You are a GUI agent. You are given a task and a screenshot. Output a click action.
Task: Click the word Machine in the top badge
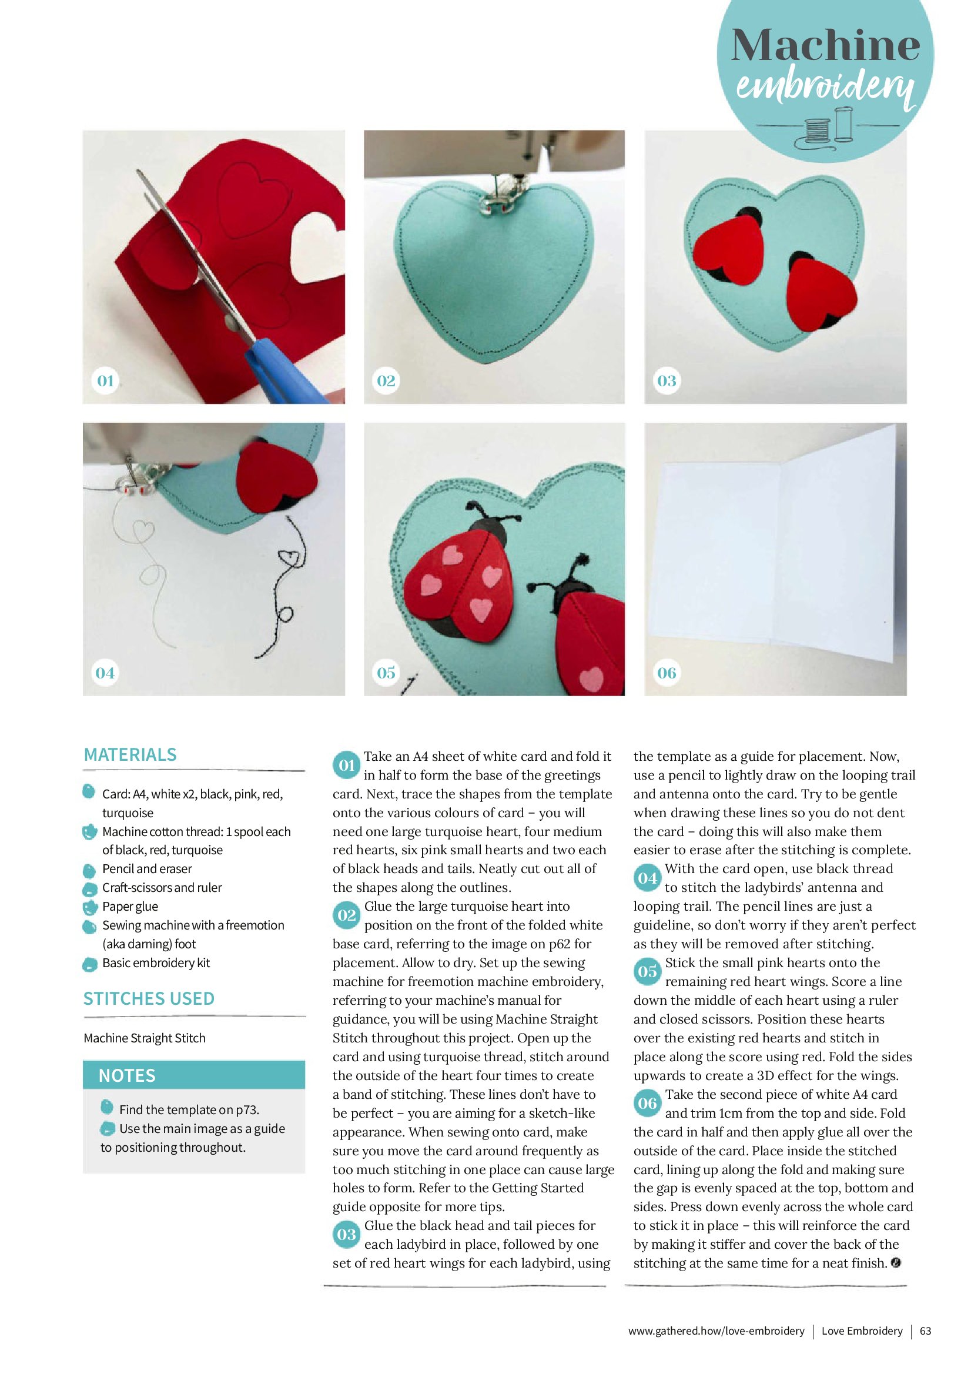click(825, 45)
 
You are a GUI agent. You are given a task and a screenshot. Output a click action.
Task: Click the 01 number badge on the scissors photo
click(105, 380)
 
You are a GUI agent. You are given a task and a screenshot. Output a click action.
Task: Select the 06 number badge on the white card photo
click(667, 673)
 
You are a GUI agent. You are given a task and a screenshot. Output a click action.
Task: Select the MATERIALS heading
click(130, 755)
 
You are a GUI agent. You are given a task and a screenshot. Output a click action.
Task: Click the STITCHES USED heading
click(149, 999)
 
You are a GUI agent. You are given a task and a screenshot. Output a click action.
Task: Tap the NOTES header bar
click(194, 1075)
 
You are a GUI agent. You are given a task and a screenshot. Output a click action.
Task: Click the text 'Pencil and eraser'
click(147, 868)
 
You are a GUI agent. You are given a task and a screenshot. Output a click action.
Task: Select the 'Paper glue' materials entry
click(130, 906)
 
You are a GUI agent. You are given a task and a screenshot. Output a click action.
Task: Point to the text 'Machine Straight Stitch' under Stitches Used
click(144, 1038)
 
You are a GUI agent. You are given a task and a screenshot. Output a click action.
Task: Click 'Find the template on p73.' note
click(189, 1109)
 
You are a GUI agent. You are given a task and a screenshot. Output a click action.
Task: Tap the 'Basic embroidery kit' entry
click(156, 962)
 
